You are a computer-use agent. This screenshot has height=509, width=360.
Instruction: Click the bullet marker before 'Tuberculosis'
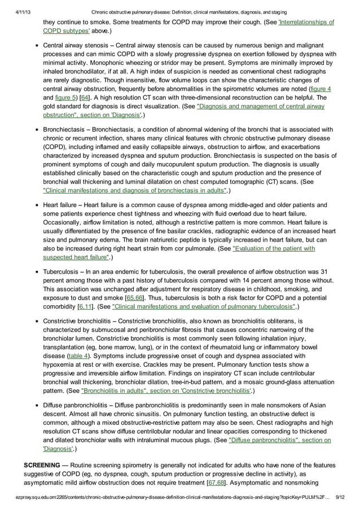click(36, 272)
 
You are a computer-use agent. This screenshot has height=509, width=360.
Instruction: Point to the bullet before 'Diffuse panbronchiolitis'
click(36, 406)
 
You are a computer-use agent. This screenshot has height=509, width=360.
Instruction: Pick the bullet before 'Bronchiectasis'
click(36, 130)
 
